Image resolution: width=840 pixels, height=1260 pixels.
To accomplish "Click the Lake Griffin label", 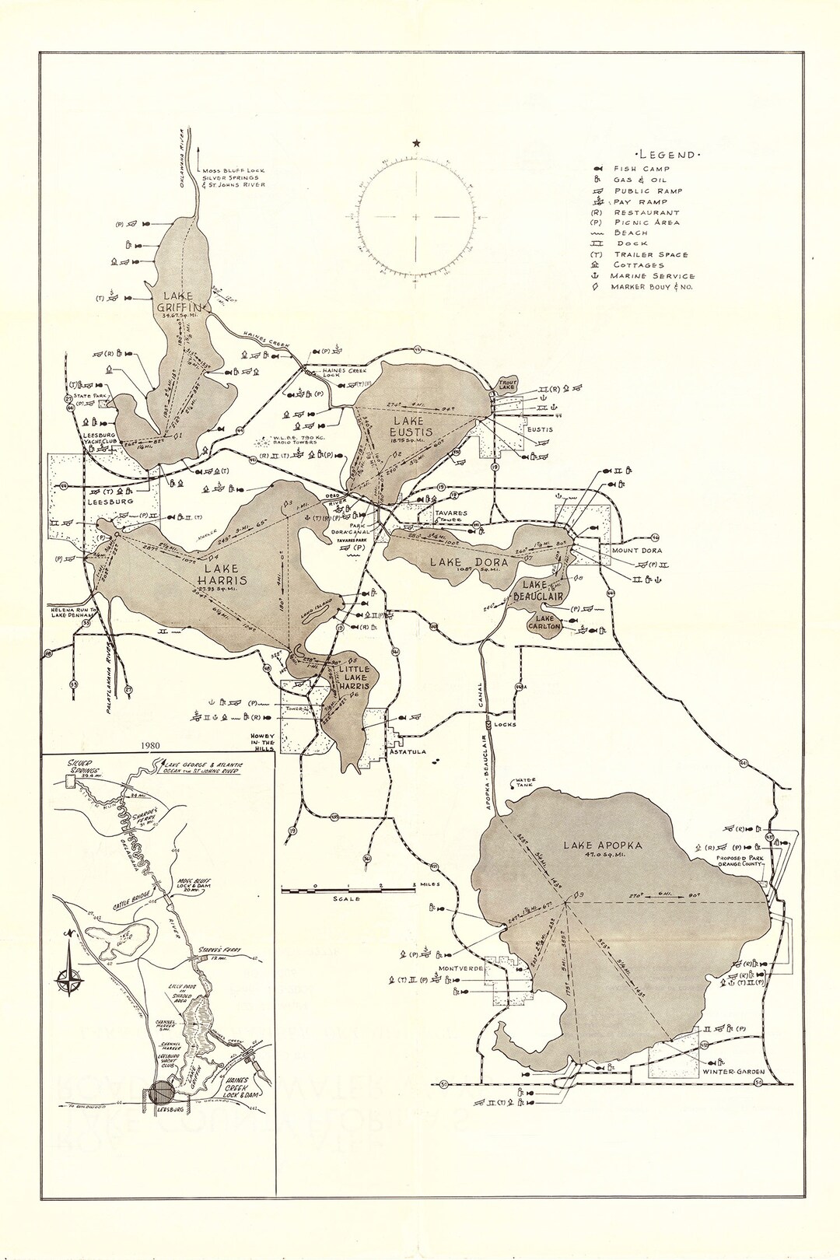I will click(x=180, y=301).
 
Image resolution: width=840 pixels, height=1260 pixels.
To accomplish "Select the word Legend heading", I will click(x=667, y=155).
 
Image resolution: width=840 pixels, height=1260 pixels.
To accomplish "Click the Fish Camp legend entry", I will click(x=642, y=169).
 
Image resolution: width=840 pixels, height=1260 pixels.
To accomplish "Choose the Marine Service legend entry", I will click(x=652, y=275).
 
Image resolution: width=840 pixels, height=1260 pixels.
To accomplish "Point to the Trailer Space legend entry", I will click(x=650, y=254).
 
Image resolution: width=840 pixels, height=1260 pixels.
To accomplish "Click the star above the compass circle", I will click(x=417, y=142).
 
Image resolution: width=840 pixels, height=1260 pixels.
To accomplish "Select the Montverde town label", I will click(x=461, y=968).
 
